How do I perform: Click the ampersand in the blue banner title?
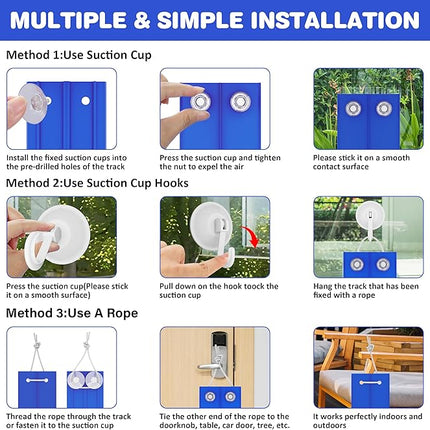pos(142,20)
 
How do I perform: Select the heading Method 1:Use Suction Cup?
pos(79,55)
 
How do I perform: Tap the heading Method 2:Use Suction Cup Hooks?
pos(97,183)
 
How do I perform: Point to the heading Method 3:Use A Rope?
pos(72,313)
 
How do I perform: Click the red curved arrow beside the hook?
pos(251,236)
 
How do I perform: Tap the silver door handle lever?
pos(208,367)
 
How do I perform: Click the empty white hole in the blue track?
pos(86,101)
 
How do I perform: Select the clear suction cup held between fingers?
pos(33,103)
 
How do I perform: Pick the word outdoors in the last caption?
pos(329,425)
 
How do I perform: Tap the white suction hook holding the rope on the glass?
pos(370,217)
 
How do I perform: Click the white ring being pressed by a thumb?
pos(38,245)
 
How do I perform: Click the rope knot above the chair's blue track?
pos(369,349)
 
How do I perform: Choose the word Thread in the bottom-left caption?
pos(18,416)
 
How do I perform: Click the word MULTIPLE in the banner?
pos(68,20)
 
